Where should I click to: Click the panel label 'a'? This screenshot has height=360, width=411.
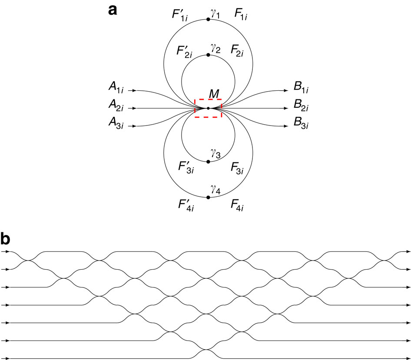point(113,10)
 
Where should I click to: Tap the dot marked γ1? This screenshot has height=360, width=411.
point(209,19)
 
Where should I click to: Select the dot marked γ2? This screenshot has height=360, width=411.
point(209,55)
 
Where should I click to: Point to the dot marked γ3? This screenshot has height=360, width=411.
point(209,162)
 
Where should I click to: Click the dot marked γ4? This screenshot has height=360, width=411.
point(209,198)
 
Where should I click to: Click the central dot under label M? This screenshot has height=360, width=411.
point(209,108)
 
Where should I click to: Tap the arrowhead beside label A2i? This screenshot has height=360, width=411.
point(135,108)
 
